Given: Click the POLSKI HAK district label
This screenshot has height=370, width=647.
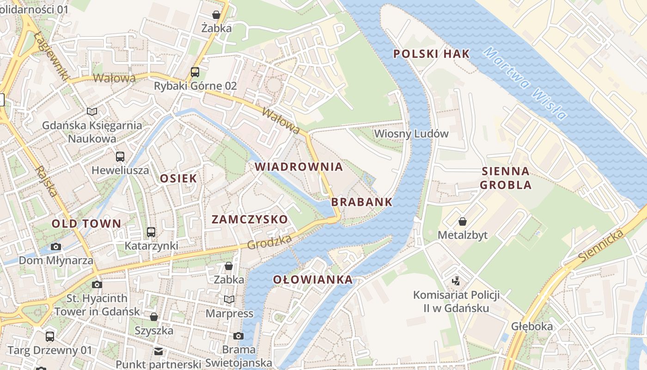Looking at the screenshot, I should pyautogui.click(x=431, y=54).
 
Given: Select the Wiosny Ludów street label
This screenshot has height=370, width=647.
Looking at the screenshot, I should pyautogui.click(x=411, y=134).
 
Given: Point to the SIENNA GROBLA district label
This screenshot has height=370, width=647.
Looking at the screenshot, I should pyautogui.click(x=506, y=178).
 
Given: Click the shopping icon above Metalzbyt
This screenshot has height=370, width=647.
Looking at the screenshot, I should pyautogui.click(x=462, y=222).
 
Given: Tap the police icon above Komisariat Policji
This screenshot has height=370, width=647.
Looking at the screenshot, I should pyautogui.click(x=456, y=281).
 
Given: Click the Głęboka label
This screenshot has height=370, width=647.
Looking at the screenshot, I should pyautogui.click(x=531, y=327).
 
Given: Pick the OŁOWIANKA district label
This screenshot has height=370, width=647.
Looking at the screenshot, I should pyautogui.click(x=312, y=279).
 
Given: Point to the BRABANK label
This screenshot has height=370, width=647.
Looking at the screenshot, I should pyautogui.click(x=361, y=202).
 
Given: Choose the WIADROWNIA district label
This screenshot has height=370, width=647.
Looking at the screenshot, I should pyautogui.click(x=299, y=166).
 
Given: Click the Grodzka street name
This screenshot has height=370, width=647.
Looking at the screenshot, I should pyautogui.click(x=269, y=242).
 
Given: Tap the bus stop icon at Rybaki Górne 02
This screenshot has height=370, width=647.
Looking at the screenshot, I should pyautogui.click(x=195, y=72).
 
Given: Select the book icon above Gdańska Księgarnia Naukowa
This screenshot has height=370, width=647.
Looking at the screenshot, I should pyautogui.click(x=92, y=111).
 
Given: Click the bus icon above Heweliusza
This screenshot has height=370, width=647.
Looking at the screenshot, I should pyautogui.click(x=120, y=156).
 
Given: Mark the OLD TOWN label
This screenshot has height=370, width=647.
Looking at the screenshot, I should pyautogui.click(x=86, y=224).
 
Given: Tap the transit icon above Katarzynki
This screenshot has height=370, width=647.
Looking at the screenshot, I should pyautogui.click(x=151, y=232).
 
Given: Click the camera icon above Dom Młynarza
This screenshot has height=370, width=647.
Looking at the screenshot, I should pyautogui.click(x=56, y=247).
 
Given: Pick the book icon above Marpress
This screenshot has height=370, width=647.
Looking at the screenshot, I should pyautogui.click(x=229, y=300).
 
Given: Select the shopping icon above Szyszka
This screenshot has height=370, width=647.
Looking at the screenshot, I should pyautogui.click(x=154, y=317).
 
